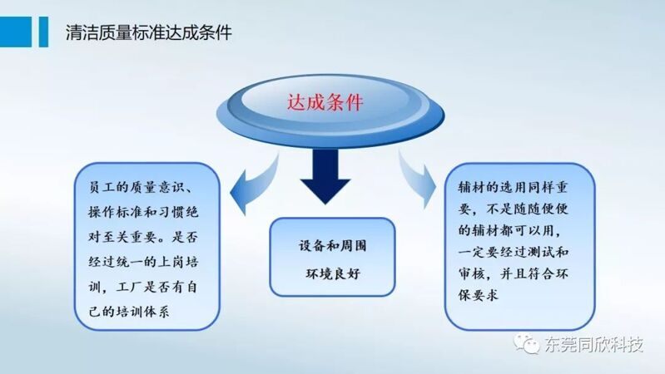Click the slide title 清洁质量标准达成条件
point(149,32)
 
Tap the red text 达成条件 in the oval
point(325,102)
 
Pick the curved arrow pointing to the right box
point(418,180)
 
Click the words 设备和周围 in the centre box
point(333,246)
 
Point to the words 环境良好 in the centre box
point(333,273)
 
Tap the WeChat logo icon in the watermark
point(527,343)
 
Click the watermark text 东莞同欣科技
point(593,344)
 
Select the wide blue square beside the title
point(16,32)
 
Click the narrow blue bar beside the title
point(43,32)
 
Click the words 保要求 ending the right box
point(479,295)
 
